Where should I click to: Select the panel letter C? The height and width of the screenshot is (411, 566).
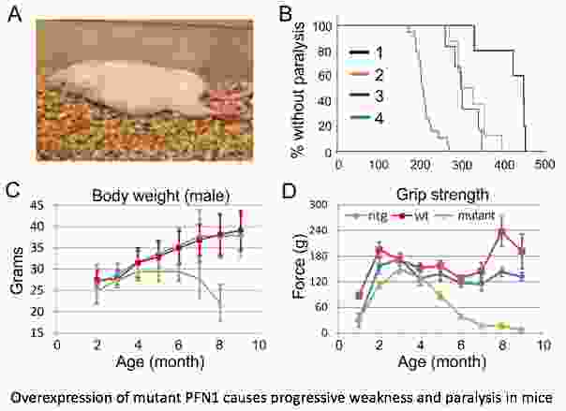coord(14,192)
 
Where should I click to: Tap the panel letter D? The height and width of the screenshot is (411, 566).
coord(295,193)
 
